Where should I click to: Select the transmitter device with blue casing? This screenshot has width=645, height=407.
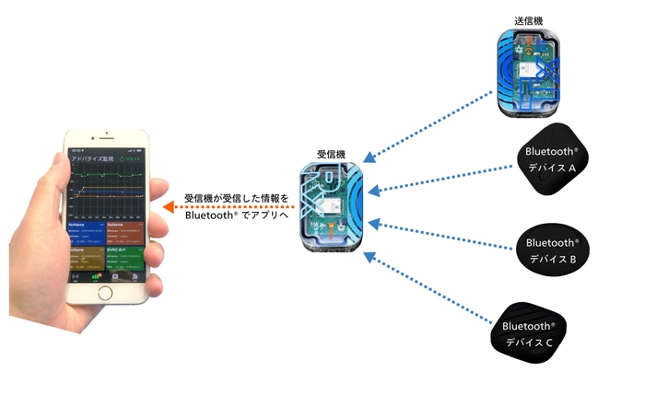[x=532, y=73]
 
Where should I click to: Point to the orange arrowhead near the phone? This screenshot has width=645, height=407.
[x=166, y=208]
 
